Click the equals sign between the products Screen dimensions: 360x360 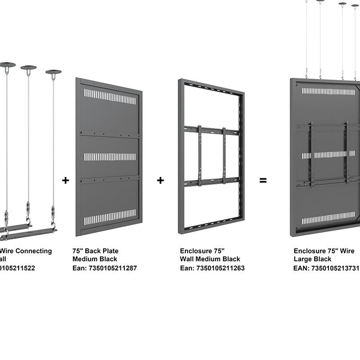(263, 180)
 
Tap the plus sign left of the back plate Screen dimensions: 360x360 (65, 180)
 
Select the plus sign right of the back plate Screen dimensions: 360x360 (160, 180)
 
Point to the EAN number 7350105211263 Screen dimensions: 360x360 (220, 268)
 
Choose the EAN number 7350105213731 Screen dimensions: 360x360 (335, 268)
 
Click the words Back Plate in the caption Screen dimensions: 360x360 (102, 251)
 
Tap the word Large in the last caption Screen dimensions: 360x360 (302, 259)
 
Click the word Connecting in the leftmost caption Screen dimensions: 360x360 (33, 251)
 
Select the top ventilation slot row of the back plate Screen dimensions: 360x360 (110, 96)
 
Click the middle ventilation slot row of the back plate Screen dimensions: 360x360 (110, 156)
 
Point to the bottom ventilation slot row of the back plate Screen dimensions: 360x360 (110, 217)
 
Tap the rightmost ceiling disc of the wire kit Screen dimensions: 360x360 (53, 72)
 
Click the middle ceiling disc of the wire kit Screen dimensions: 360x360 (28, 68)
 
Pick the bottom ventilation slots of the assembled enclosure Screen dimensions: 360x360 (328, 218)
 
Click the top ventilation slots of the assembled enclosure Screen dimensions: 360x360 (328, 91)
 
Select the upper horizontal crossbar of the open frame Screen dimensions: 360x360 (212, 130)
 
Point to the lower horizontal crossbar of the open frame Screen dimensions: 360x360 (212, 181)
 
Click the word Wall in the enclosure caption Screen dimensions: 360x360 (188, 259)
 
